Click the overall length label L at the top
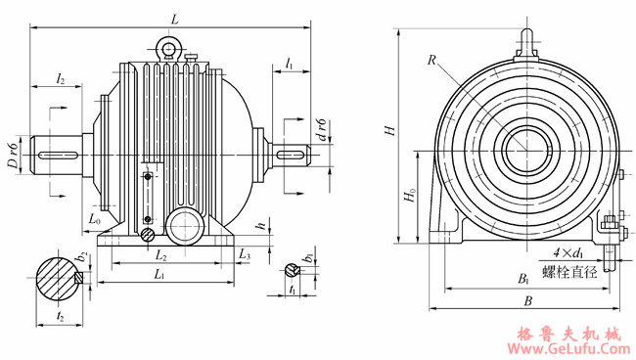tap(175, 19)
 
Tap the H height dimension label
tap(389, 130)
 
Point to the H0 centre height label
tap(410, 195)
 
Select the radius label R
tap(432, 60)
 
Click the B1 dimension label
tap(523, 279)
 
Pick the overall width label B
tap(527, 300)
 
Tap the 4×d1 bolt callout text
tap(568, 253)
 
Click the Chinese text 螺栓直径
tap(569, 271)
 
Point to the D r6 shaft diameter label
tap(14, 156)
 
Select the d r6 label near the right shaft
tap(322, 130)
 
